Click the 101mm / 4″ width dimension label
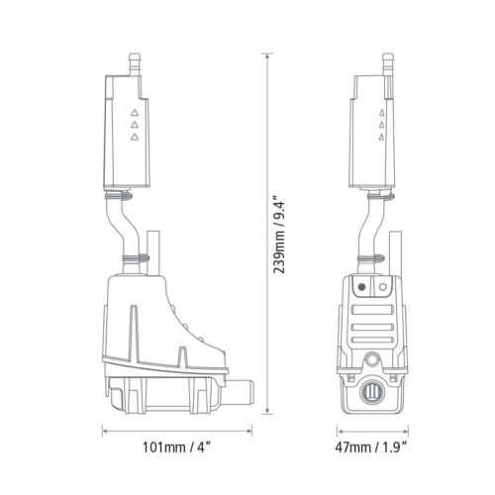176,447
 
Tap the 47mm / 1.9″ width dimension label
371,447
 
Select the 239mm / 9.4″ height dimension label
279,238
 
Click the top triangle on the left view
134,113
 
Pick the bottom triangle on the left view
134,137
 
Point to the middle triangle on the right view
382,125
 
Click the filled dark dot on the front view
361,287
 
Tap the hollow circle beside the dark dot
383,287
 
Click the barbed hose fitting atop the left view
134,64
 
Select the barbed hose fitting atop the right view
388,64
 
